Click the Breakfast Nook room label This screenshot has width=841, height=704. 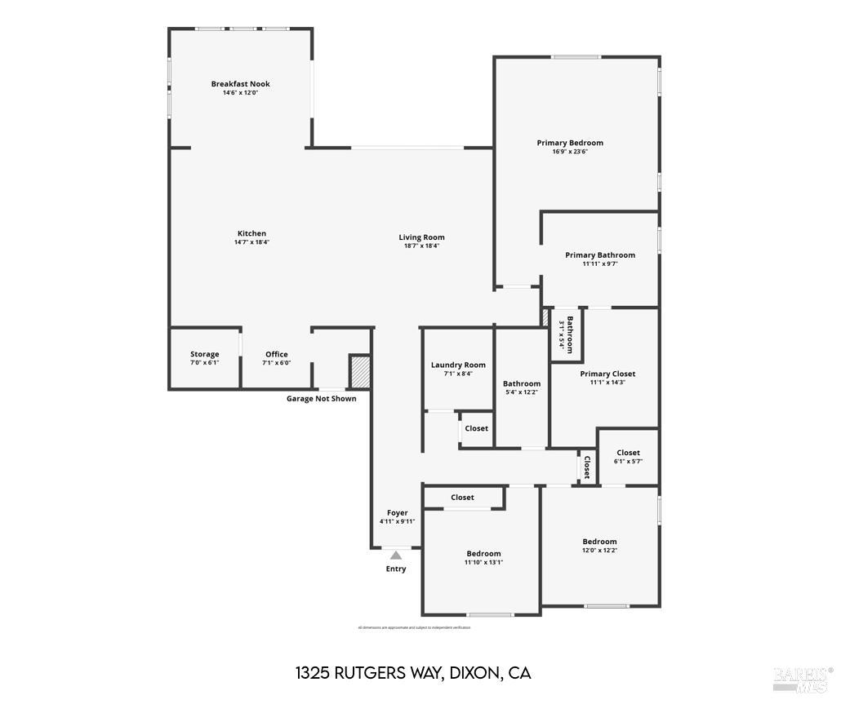coord(240,84)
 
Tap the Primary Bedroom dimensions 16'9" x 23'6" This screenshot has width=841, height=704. coord(570,152)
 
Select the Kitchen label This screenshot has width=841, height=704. coord(251,233)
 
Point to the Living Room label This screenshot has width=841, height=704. coord(421,237)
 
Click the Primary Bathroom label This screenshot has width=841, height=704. coord(599,255)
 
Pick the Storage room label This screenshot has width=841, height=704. coord(204,354)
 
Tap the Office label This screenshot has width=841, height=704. coord(276,354)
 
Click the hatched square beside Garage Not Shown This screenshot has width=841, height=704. coord(360,371)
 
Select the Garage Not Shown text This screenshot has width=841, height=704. coord(321,399)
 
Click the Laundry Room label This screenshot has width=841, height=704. coord(458,365)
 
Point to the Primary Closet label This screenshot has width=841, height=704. coord(607,374)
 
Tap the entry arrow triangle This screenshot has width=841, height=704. coord(396,556)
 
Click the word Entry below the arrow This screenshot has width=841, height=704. coord(396,569)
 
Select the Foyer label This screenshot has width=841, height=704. coord(397,512)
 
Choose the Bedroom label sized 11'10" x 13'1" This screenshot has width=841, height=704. coord(483,554)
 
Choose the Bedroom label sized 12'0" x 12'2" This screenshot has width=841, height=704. coord(599,542)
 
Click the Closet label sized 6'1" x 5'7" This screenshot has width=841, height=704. coord(628,453)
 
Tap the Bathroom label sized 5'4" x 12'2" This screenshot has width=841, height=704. coord(521,383)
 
